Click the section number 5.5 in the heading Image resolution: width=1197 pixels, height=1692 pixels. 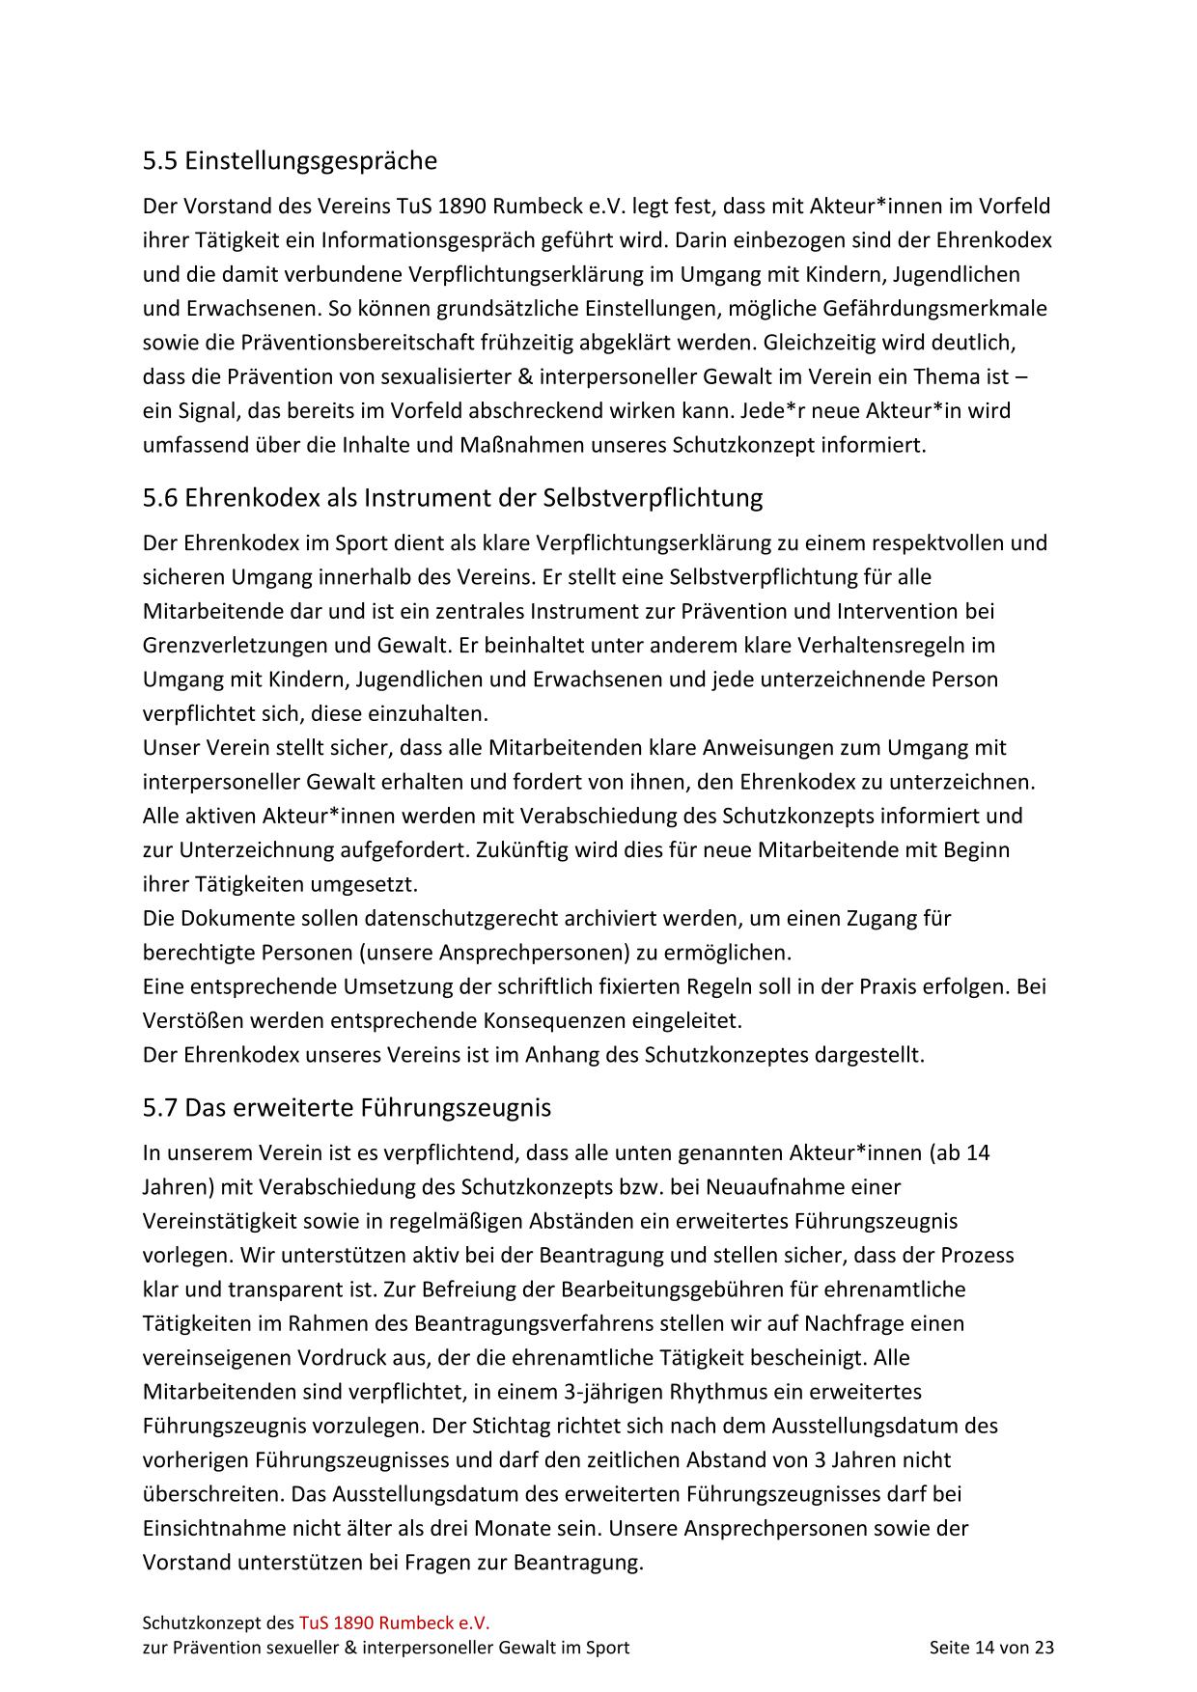tap(160, 160)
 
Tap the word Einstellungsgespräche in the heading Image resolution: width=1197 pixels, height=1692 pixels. tap(311, 160)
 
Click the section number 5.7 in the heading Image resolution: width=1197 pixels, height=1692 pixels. tap(160, 1107)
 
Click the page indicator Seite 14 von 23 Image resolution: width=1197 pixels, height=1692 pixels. tap(991, 1648)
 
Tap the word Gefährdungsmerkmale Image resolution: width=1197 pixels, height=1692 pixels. tap(935, 309)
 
